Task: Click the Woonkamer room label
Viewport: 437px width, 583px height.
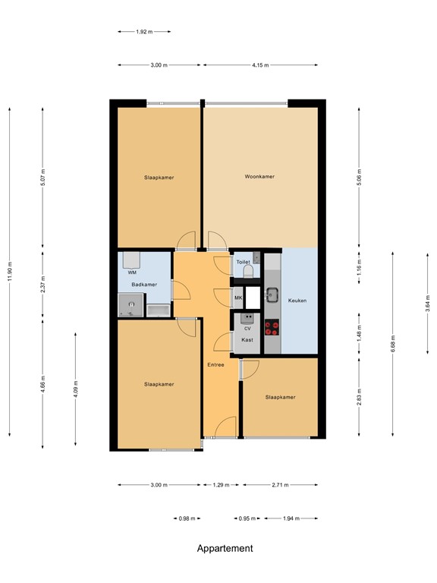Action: tap(259, 176)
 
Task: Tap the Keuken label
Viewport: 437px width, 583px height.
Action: tap(297, 301)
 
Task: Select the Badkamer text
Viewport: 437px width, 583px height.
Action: tap(144, 285)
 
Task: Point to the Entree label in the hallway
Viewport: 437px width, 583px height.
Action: tap(215, 365)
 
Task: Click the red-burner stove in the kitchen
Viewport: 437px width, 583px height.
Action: tap(271, 327)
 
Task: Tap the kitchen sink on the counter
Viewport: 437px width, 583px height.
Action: tap(272, 295)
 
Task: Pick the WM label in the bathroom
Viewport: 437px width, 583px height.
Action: tap(132, 272)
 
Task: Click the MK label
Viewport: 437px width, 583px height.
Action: tap(237, 298)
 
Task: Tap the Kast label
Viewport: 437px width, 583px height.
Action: tap(247, 341)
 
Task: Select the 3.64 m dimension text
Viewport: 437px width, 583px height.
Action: tap(427, 302)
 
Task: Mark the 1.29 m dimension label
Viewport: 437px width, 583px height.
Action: tap(221, 484)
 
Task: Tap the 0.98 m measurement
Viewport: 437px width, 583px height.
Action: tap(187, 518)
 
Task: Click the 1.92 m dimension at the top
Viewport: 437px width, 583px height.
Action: tap(144, 32)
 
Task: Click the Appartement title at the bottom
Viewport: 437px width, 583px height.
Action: tap(225, 548)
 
